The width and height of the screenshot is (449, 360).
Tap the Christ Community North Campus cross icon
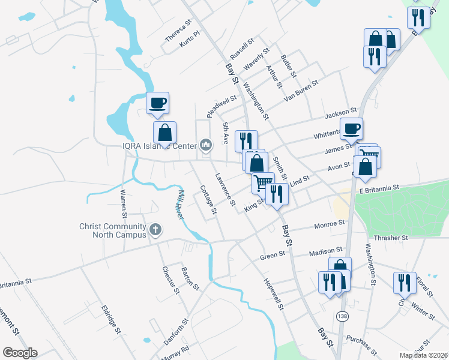tap(155, 229)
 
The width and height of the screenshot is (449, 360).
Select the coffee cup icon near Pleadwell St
tap(157, 103)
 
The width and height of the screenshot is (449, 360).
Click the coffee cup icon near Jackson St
tap(351, 127)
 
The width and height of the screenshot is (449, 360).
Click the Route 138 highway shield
tap(342, 316)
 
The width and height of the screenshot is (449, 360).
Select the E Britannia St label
tap(379, 188)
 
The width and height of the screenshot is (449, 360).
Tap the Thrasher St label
tap(391, 238)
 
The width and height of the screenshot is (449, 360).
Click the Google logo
tap(20, 353)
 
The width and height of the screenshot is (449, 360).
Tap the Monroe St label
tap(329, 224)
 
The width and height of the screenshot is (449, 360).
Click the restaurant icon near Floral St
tap(405, 283)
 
